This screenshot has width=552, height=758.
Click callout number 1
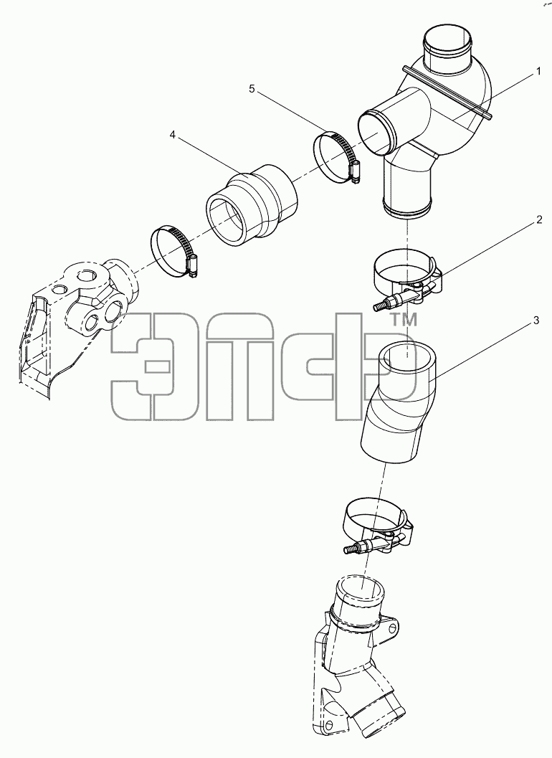point(538,72)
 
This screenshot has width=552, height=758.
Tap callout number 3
point(536,321)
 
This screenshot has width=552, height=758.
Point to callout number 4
point(173,134)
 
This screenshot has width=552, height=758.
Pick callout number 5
point(252,88)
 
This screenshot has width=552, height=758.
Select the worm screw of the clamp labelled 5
point(356,171)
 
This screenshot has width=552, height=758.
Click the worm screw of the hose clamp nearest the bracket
point(194,267)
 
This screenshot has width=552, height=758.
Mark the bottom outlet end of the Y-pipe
point(407,211)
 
